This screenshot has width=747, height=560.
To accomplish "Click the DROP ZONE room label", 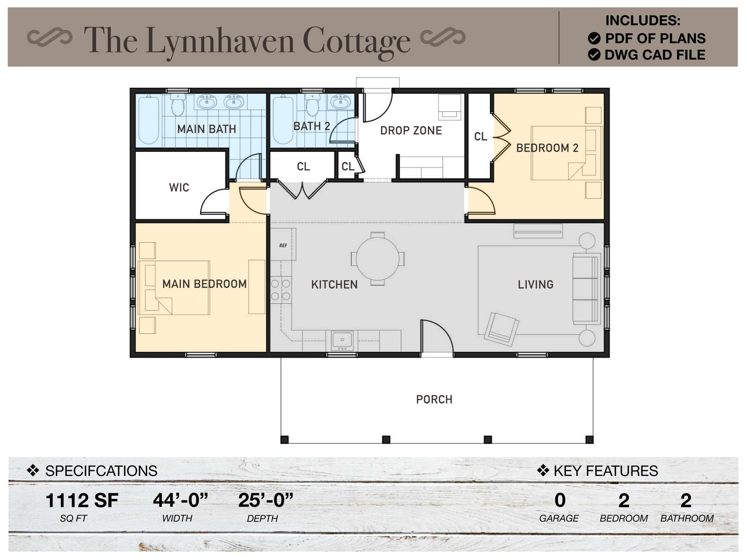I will [411, 131].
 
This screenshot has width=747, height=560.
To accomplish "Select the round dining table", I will [378, 259].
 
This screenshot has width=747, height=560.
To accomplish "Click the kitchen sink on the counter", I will [342, 340].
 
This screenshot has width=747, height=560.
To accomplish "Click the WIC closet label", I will [179, 188].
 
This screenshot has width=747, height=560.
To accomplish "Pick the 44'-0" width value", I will [180, 500].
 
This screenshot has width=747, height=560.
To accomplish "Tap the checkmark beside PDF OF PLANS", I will [594, 38].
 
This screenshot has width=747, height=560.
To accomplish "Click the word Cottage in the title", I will [356, 41].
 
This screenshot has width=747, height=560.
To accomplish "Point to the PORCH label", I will [434, 400].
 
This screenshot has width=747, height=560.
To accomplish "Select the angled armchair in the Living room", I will [501, 329].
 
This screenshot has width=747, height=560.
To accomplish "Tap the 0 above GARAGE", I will [560, 500].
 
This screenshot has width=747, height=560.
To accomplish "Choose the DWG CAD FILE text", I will [655, 55].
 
